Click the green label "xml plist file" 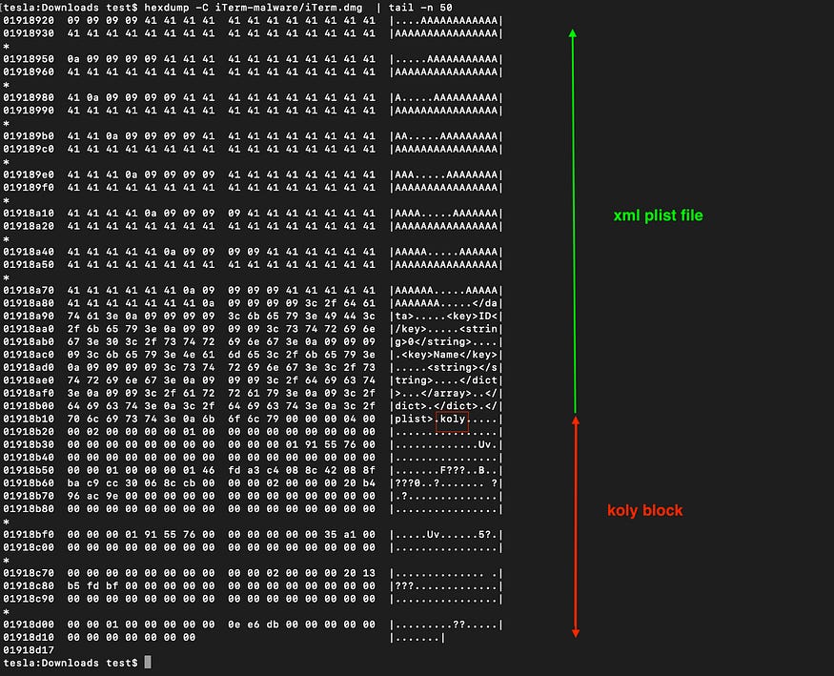coord(659,215)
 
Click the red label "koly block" coord(645,510)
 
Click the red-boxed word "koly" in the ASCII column coord(451,419)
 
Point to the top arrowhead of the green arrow coord(573,33)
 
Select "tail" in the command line coord(405,6)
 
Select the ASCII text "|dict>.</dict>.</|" coord(446,405)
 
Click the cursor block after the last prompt coord(148,663)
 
